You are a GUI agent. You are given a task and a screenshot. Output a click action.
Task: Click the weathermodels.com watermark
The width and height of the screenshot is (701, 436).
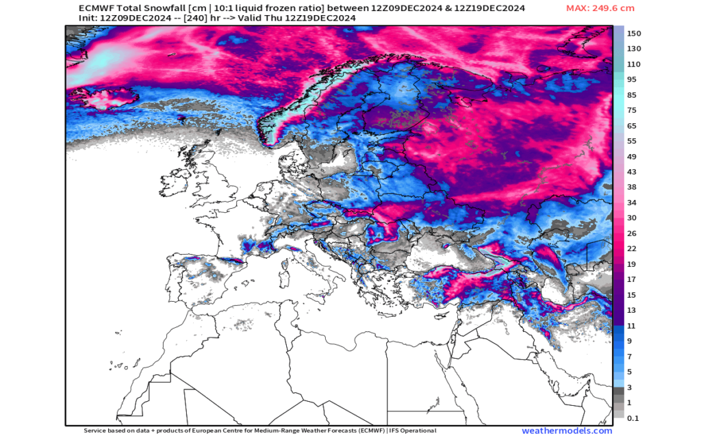567,431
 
